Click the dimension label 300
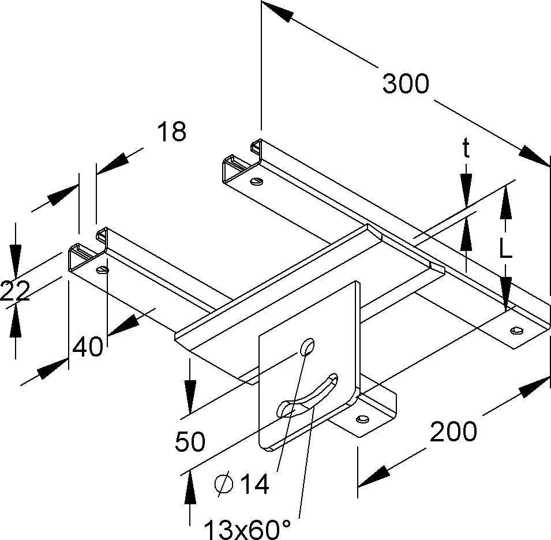tap(406, 84)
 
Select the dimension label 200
tap(453, 431)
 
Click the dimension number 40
tap(88, 347)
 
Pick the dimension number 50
tap(190, 442)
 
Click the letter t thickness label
tap(466, 149)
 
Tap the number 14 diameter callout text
tap(254, 485)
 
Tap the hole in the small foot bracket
tap(363, 418)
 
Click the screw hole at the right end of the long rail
tap(515, 331)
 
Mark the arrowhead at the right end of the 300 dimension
tap(536, 156)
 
